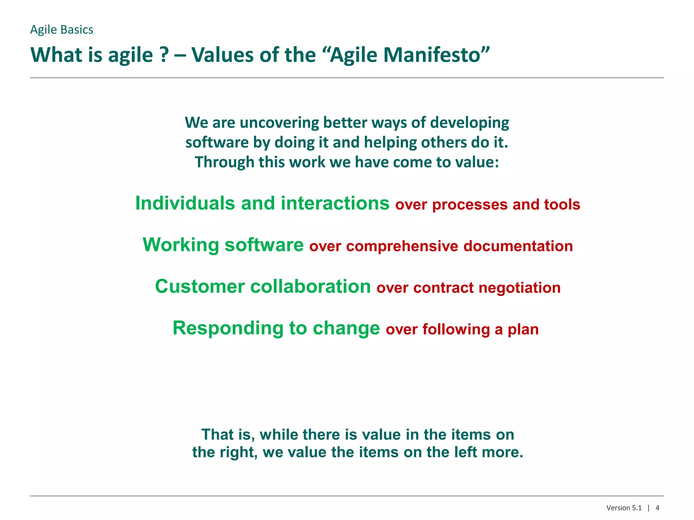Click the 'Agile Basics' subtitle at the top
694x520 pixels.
coord(61,30)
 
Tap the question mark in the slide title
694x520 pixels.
coord(164,55)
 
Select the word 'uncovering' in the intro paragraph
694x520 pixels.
coord(279,123)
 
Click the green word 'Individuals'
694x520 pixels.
coord(185,203)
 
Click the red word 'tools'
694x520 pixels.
coord(562,205)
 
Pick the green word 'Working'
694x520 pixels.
coord(181,245)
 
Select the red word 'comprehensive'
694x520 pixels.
coord(402,246)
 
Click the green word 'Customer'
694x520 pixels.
coord(200,287)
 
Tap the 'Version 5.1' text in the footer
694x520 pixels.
coord(624,508)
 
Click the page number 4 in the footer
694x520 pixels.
coord(657,508)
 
